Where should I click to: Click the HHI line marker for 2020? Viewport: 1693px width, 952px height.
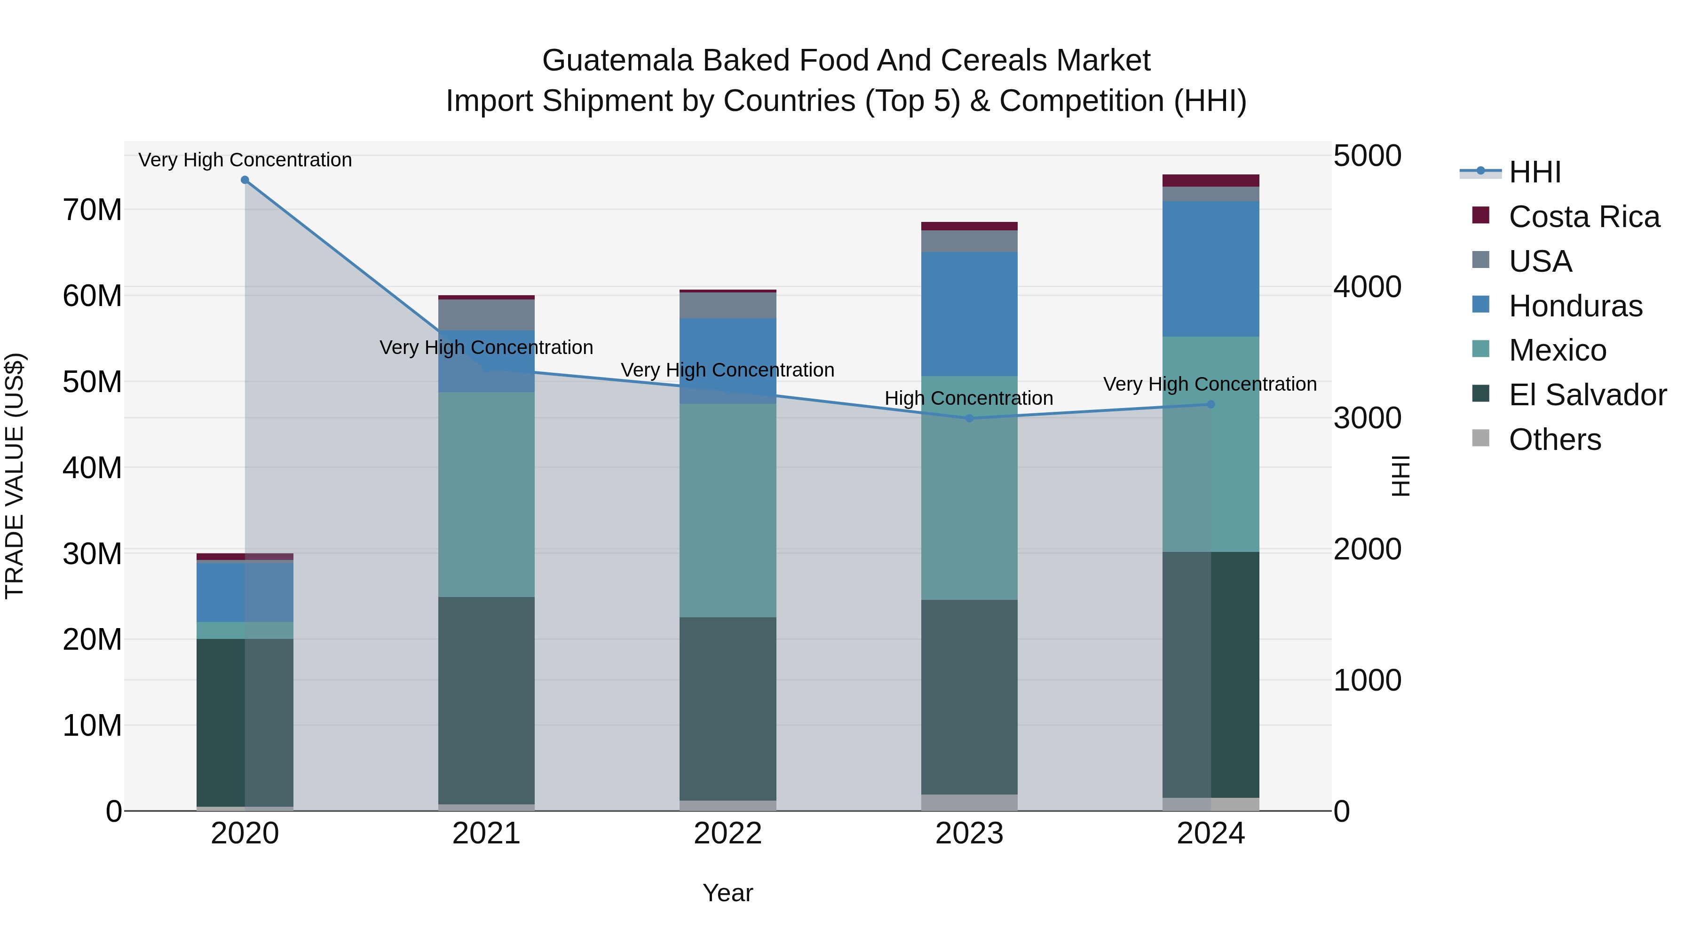tap(245, 180)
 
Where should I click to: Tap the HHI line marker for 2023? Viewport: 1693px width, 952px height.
tap(969, 418)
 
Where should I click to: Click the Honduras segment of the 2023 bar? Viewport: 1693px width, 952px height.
tap(969, 314)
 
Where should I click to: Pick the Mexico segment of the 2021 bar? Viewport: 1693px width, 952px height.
tap(486, 494)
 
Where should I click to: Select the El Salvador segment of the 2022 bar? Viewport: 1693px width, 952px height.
tap(728, 708)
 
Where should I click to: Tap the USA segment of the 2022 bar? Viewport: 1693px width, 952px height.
tap(728, 306)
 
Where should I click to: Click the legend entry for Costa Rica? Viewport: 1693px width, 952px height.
tap(1584, 217)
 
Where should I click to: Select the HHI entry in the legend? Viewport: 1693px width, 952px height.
tap(1535, 172)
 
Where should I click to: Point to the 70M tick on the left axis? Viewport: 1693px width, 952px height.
tap(92, 210)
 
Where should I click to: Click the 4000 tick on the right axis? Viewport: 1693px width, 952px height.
tap(1367, 287)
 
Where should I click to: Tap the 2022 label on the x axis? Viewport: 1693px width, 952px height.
tap(728, 834)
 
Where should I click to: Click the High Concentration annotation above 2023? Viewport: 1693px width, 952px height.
tap(969, 398)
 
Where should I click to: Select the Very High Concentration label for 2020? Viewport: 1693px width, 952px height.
tap(245, 160)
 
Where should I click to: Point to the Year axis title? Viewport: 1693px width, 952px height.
tap(728, 893)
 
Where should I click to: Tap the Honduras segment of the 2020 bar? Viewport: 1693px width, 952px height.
tap(245, 592)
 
